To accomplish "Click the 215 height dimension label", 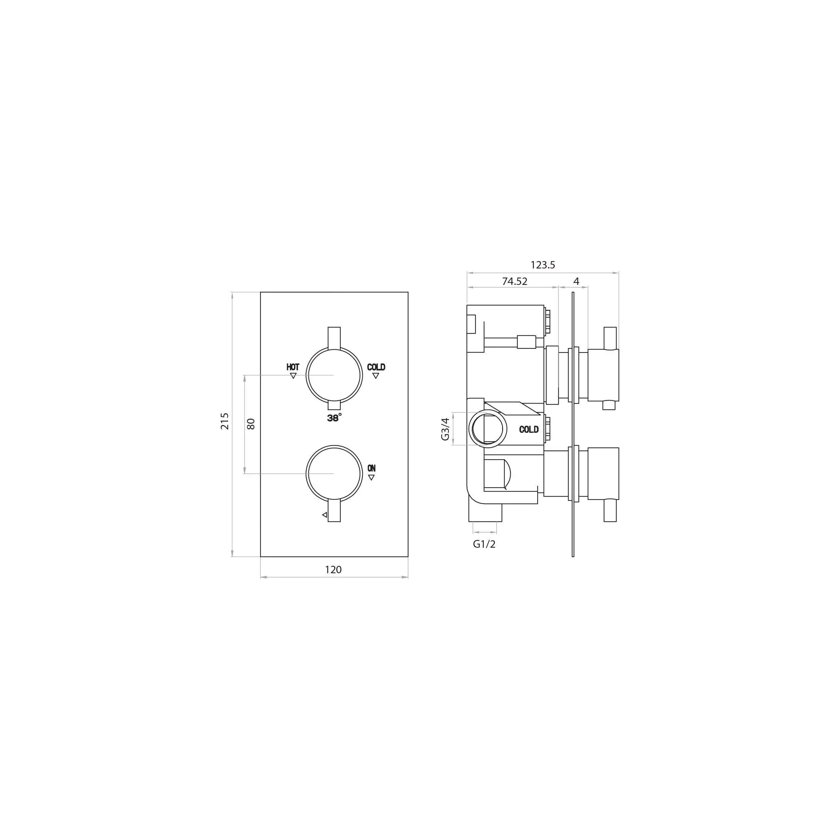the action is [x=225, y=421].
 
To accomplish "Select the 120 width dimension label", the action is [x=333, y=570].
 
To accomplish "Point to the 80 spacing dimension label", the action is [x=251, y=424].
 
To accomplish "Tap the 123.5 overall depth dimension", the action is [x=543, y=265].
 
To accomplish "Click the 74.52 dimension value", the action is [x=515, y=281].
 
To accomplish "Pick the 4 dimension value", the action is [x=577, y=281].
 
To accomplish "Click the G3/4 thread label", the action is [x=445, y=429].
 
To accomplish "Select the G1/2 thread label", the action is [x=485, y=544].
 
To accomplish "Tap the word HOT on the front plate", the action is [x=293, y=367].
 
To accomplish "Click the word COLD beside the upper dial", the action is [x=376, y=367].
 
